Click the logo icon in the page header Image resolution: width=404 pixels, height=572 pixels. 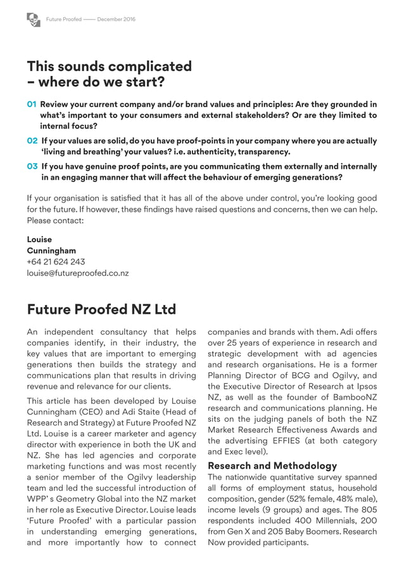pos(34,20)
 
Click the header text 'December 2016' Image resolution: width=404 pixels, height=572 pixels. pos(116,20)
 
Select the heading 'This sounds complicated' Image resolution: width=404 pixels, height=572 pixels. pos(109,67)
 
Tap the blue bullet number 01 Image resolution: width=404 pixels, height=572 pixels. pos(32,105)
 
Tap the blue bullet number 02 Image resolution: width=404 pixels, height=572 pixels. pos(32,141)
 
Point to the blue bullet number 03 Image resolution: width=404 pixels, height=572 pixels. pos(32,167)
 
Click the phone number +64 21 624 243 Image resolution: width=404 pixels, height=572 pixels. pos(56,262)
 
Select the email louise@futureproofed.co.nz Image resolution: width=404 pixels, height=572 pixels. pos(77,273)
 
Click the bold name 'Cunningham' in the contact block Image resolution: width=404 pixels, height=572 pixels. pos(51,250)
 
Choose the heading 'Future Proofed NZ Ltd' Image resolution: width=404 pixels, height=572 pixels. pos(101,309)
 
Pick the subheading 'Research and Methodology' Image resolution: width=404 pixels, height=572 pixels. pos(272,466)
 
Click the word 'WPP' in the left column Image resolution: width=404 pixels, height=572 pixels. pos(36,499)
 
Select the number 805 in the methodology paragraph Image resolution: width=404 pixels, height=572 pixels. pos(367,510)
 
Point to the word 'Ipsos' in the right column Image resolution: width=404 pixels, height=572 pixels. pos(365,386)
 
